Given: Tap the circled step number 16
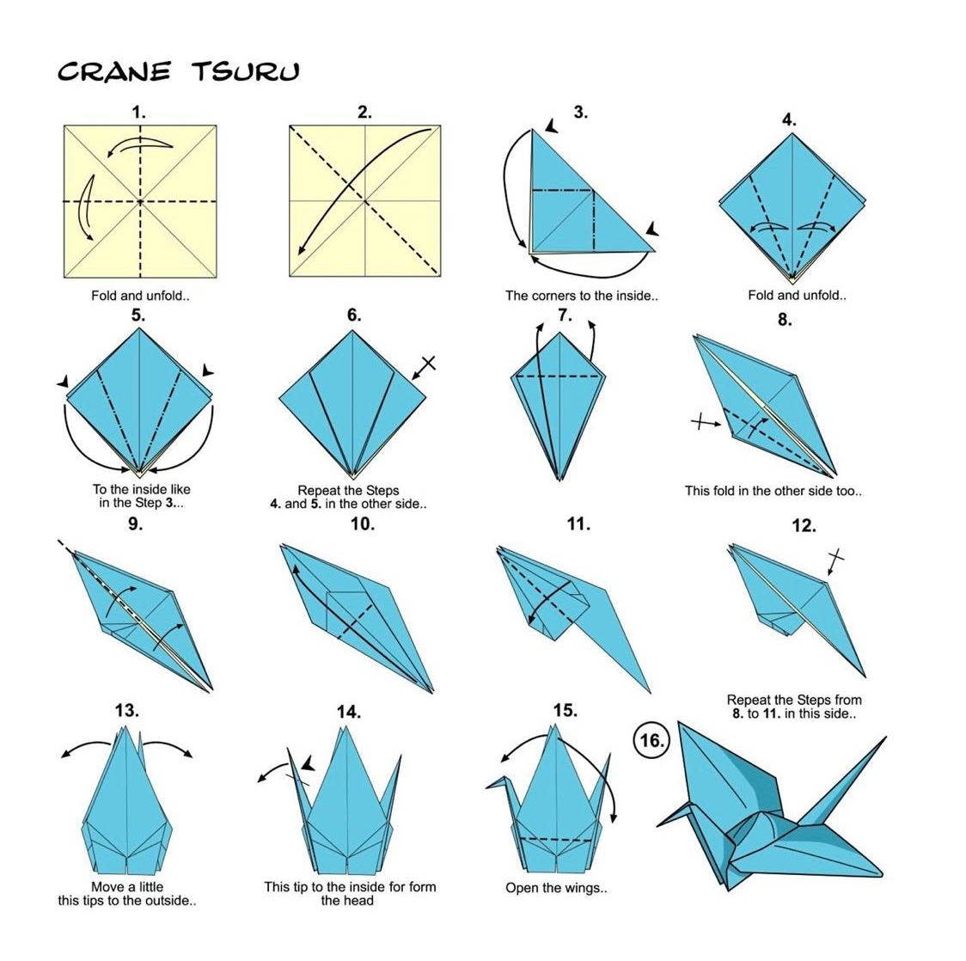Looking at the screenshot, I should click(x=651, y=740).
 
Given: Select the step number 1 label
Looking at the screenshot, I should click(x=138, y=112).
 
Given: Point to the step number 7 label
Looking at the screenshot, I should click(x=564, y=315).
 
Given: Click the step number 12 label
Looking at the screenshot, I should click(x=803, y=525).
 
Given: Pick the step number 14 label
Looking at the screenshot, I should click(x=348, y=712).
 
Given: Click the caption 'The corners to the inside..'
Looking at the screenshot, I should click(x=581, y=296).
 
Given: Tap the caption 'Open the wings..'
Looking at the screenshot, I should click(x=556, y=888).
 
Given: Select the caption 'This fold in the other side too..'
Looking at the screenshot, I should click(x=773, y=491).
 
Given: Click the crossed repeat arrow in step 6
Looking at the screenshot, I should click(x=424, y=367).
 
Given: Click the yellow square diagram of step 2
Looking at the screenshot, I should click(x=365, y=201).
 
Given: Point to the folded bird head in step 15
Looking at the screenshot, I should click(x=498, y=783).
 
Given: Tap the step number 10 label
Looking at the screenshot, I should click(x=362, y=524).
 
